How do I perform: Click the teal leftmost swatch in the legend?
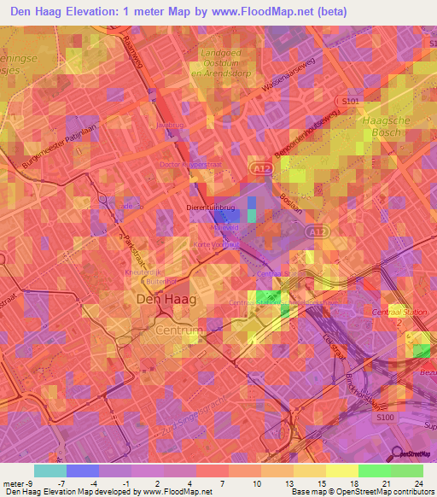[x=50, y=471]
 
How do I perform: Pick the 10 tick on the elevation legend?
[x=256, y=482]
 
